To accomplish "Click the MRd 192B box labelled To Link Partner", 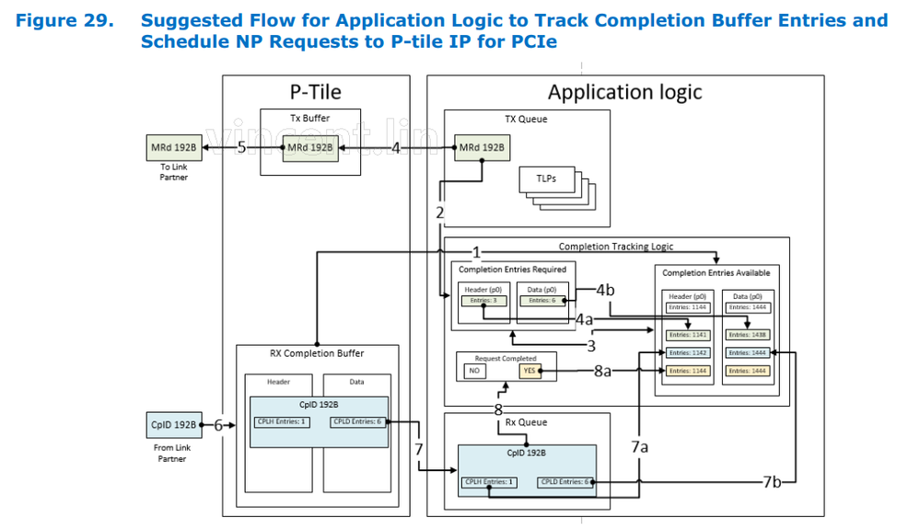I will [173, 148].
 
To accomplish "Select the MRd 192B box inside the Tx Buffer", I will [309, 148].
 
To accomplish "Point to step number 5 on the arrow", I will [241, 147].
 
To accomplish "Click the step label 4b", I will [605, 290].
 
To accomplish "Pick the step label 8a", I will [602, 371].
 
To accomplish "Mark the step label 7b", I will [772, 481].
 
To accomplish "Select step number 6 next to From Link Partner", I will [219, 425].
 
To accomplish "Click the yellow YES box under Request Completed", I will [529, 371].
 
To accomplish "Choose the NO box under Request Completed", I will [475, 371].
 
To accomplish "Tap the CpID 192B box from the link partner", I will [173, 425].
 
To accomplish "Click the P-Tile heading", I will [315, 92].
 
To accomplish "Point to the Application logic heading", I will [624, 92].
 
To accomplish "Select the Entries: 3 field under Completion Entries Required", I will [483, 300].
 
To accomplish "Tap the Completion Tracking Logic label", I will [615, 247].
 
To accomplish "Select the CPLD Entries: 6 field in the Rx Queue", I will [562, 482].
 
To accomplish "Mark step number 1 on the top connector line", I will [476, 251].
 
